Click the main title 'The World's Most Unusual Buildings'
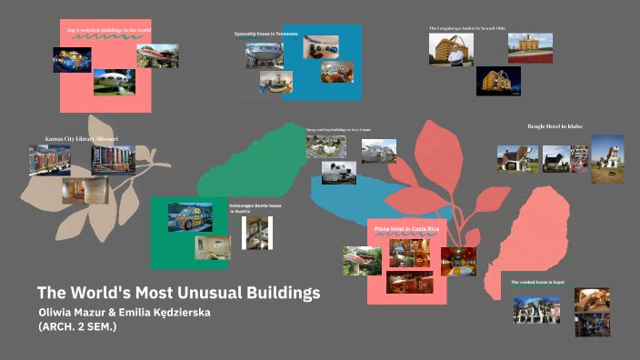click(x=179, y=294)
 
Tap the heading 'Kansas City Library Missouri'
click(x=82, y=139)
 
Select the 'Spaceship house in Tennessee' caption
click(x=265, y=34)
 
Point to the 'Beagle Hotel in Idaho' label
click(x=555, y=125)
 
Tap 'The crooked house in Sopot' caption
click(x=538, y=283)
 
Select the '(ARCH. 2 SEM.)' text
click(x=77, y=327)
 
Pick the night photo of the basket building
click(x=498, y=81)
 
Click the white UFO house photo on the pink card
click(x=114, y=83)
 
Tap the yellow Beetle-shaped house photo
click(x=190, y=216)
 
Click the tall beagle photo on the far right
click(x=606, y=158)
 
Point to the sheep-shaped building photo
click(x=325, y=146)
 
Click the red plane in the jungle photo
click(x=362, y=261)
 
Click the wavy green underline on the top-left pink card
click(x=91, y=39)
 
